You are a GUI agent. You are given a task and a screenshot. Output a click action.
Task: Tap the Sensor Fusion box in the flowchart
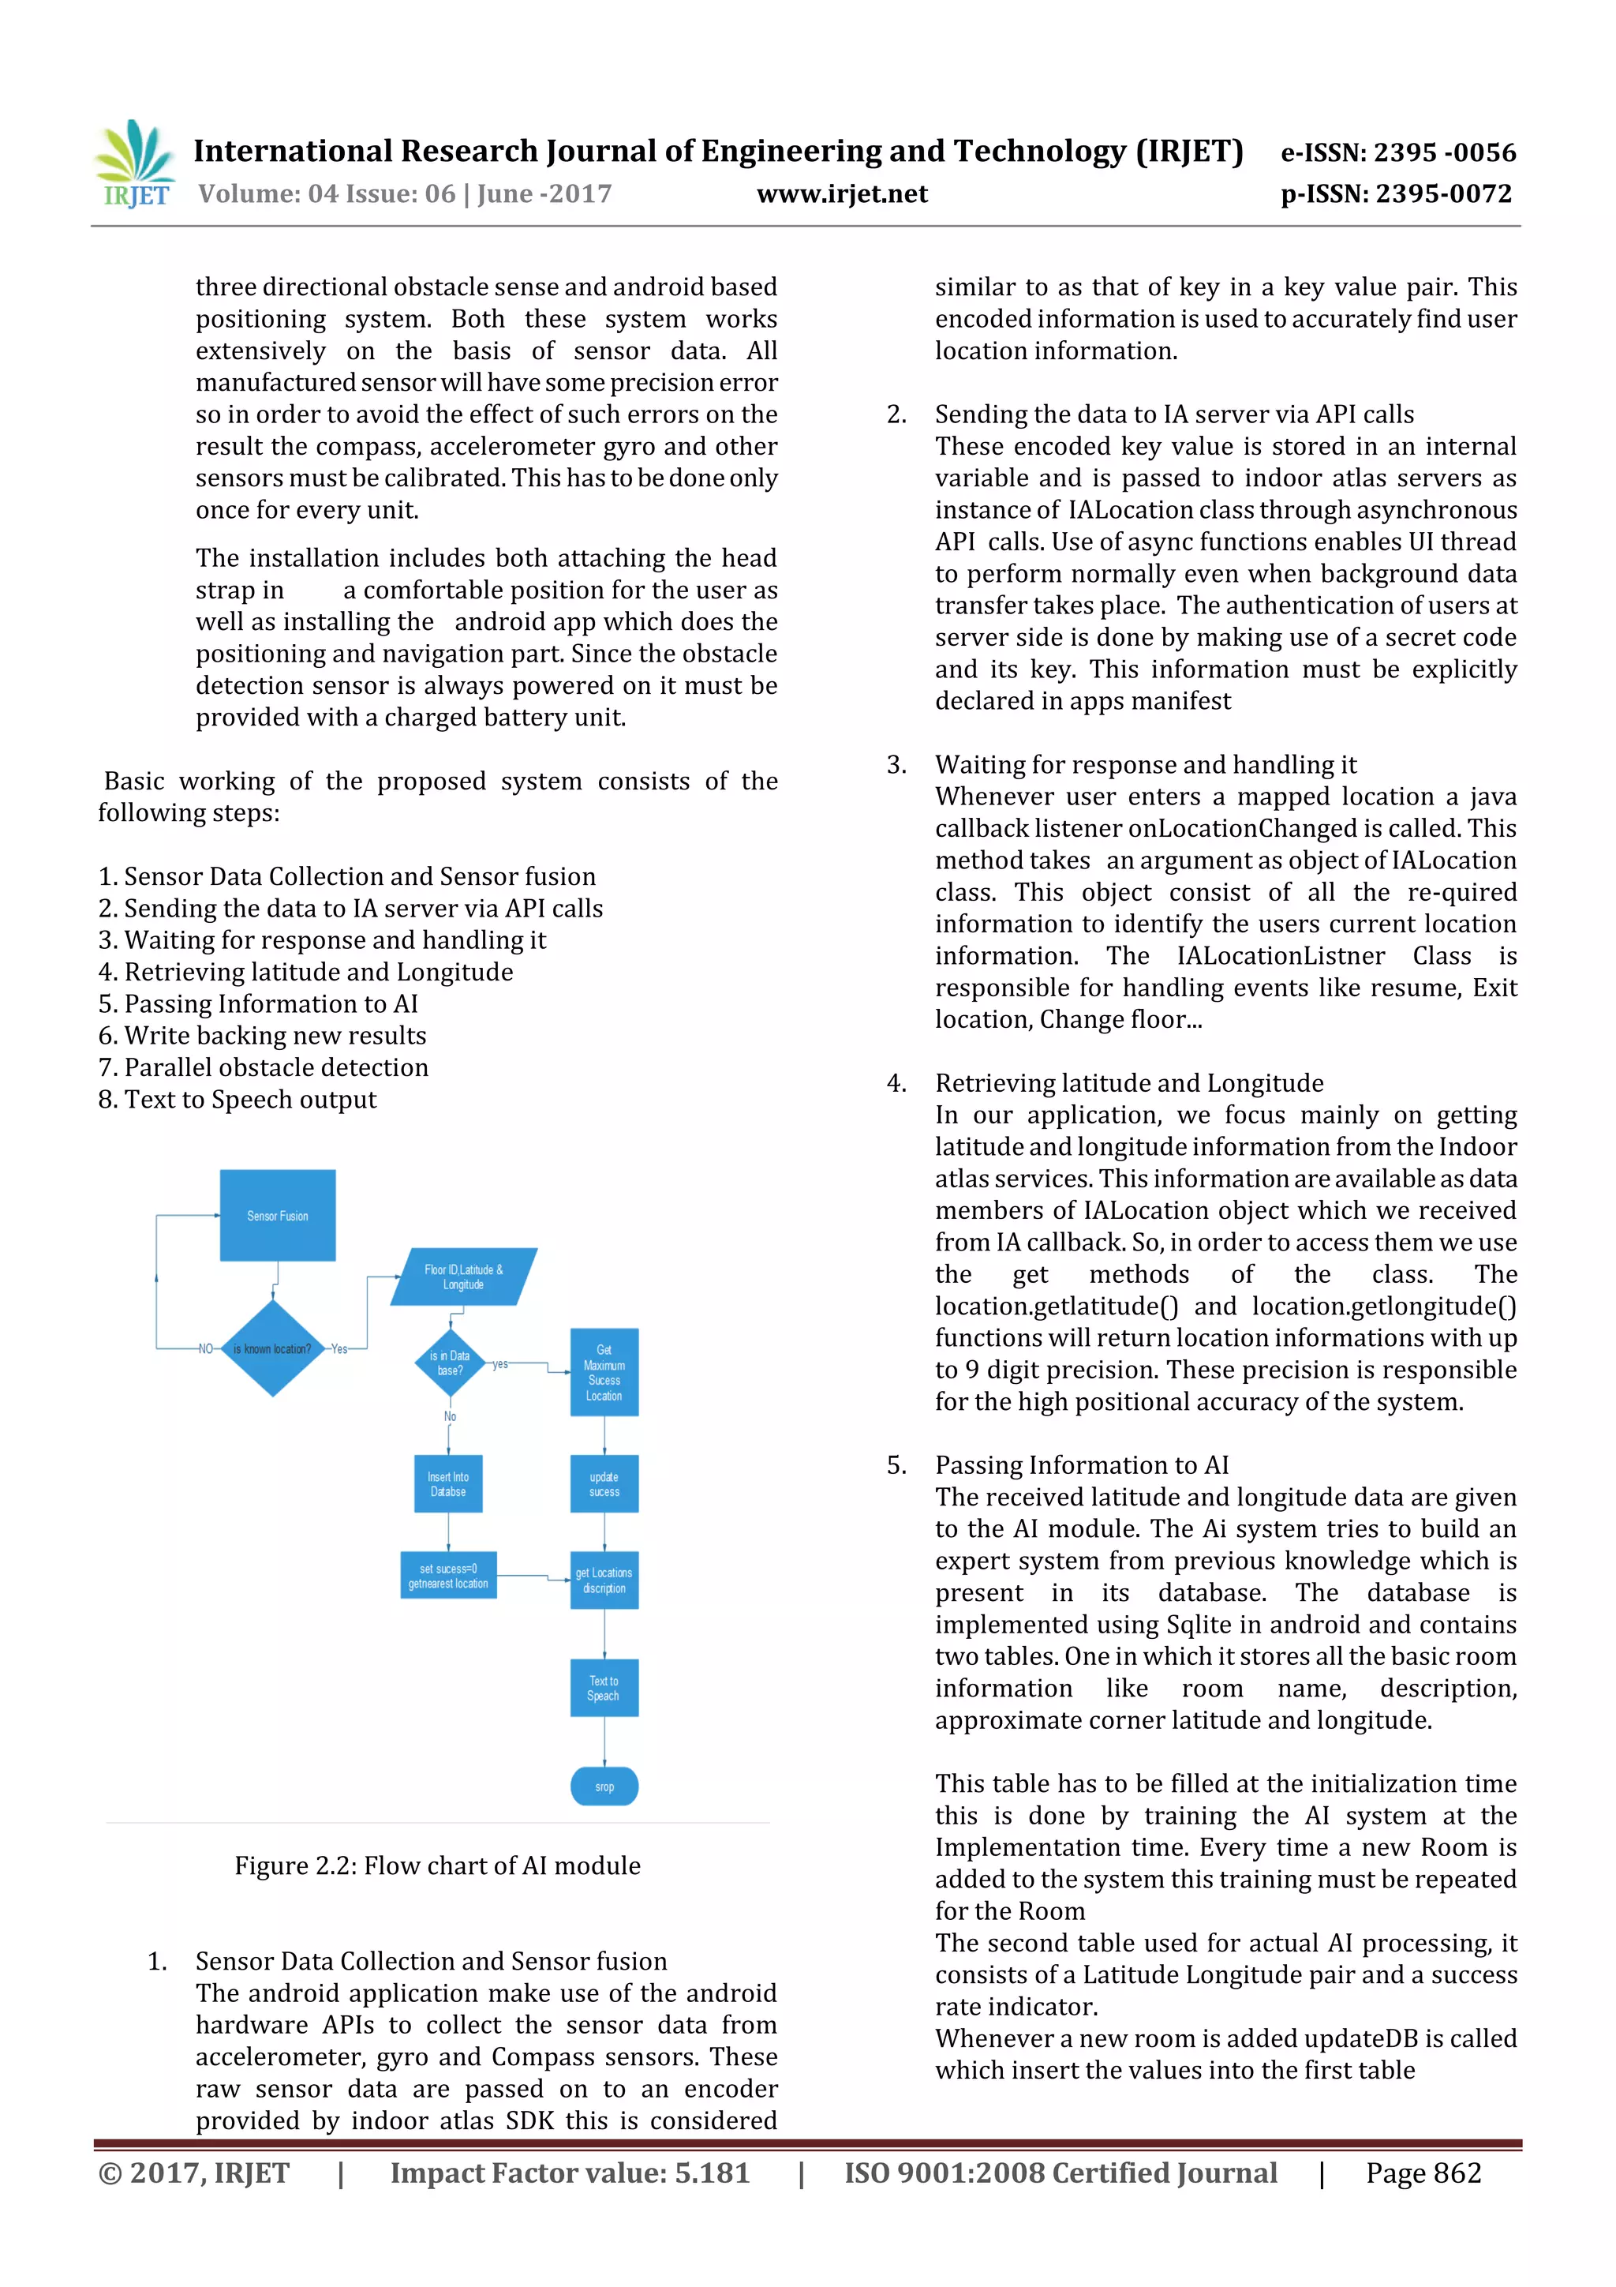(278, 1215)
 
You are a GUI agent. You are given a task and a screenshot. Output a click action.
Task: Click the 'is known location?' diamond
(271, 1348)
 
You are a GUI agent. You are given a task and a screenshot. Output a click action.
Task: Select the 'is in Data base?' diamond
(450, 1363)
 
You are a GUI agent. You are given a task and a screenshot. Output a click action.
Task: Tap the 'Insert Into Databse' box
(448, 1484)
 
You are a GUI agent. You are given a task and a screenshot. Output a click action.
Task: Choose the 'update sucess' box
(604, 1484)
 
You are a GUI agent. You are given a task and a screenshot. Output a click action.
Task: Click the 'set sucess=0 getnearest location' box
(448, 1576)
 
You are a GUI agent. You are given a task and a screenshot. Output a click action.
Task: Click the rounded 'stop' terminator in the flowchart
(604, 1786)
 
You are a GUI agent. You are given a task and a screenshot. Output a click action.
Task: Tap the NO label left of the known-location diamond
(206, 1348)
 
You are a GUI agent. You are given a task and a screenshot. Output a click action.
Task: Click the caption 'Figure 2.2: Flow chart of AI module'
(437, 1865)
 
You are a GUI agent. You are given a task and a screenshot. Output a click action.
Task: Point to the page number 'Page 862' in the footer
(1423, 2173)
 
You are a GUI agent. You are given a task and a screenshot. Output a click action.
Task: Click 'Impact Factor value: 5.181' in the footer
(570, 2173)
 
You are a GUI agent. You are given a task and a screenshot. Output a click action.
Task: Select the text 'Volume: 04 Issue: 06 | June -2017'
(406, 194)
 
